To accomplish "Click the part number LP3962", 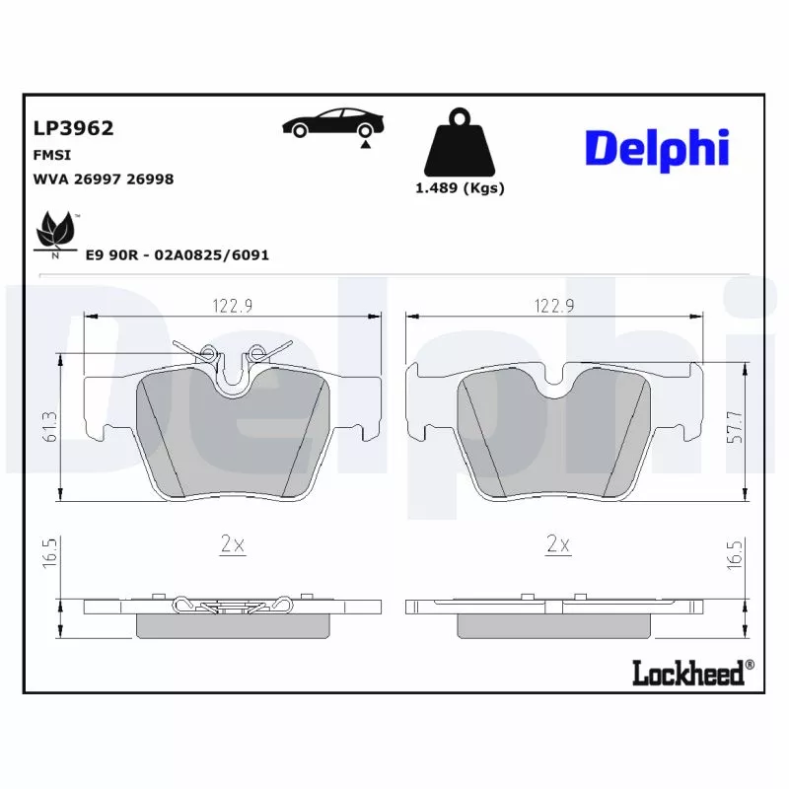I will (x=73, y=128).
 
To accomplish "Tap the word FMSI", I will (x=52, y=156).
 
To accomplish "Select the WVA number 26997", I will (x=106, y=179).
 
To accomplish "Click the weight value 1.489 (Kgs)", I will (x=459, y=188).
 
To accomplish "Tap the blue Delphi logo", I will (x=657, y=148).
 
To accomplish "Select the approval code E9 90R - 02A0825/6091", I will (x=177, y=254).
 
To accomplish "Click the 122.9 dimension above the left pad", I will (x=233, y=306).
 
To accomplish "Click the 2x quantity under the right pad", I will (x=558, y=543).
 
